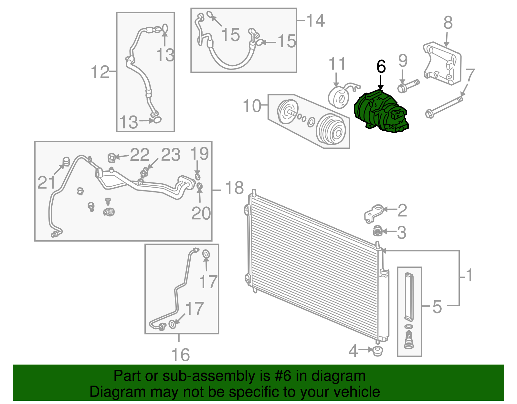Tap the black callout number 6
tap(381, 67)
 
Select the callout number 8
tap(448, 23)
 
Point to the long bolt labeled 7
tap(444, 107)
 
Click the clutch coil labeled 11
tap(339, 97)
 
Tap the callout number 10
tap(252, 106)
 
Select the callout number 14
tap(315, 21)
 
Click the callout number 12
tap(100, 72)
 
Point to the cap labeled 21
tap(66, 161)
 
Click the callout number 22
tap(140, 155)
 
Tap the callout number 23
tap(170, 155)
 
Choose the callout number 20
tap(201, 213)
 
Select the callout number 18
tap(234, 188)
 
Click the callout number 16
tap(180, 355)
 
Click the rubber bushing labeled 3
tap(377, 231)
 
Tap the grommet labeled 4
tap(377, 351)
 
